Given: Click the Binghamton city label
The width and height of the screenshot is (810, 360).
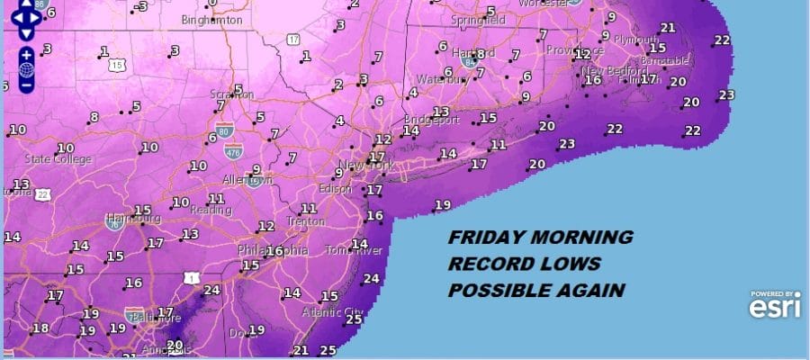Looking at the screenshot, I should pos(211,19).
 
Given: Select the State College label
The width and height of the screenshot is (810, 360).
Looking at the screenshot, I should pos(58,159).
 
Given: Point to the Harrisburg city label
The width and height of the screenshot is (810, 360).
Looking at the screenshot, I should pos(133,219).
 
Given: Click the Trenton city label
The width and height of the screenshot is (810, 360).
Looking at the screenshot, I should pos(306,221).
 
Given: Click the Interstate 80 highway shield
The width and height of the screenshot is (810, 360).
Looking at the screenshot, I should pos(232,133).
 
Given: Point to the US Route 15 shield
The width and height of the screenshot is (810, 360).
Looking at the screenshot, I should pos(116,65).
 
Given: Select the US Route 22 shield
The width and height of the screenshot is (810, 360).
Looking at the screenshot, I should pos(42,193).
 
